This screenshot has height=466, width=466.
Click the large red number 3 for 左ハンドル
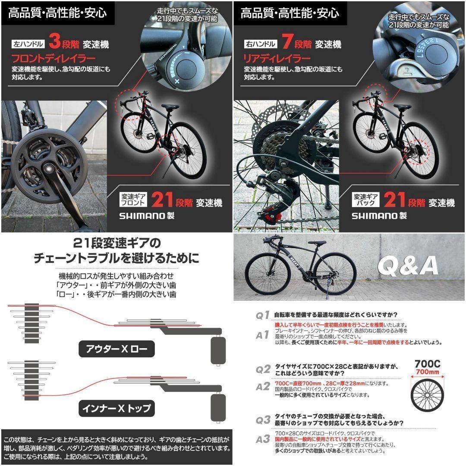click(x=55, y=43)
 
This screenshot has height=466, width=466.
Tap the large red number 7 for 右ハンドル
click(x=287, y=43)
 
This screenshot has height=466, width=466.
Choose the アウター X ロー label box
click(x=116, y=349)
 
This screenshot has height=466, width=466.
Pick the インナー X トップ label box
click(x=116, y=408)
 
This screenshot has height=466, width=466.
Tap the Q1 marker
click(x=263, y=315)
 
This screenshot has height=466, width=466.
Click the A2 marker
click(x=263, y=386)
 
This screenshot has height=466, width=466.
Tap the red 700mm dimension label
click(x=427, y=372)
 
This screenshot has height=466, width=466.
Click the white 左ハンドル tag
click(x=28, y=44)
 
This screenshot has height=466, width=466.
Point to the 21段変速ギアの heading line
click(x=116, y=242)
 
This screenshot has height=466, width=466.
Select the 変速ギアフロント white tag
click(x=134, y=199)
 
